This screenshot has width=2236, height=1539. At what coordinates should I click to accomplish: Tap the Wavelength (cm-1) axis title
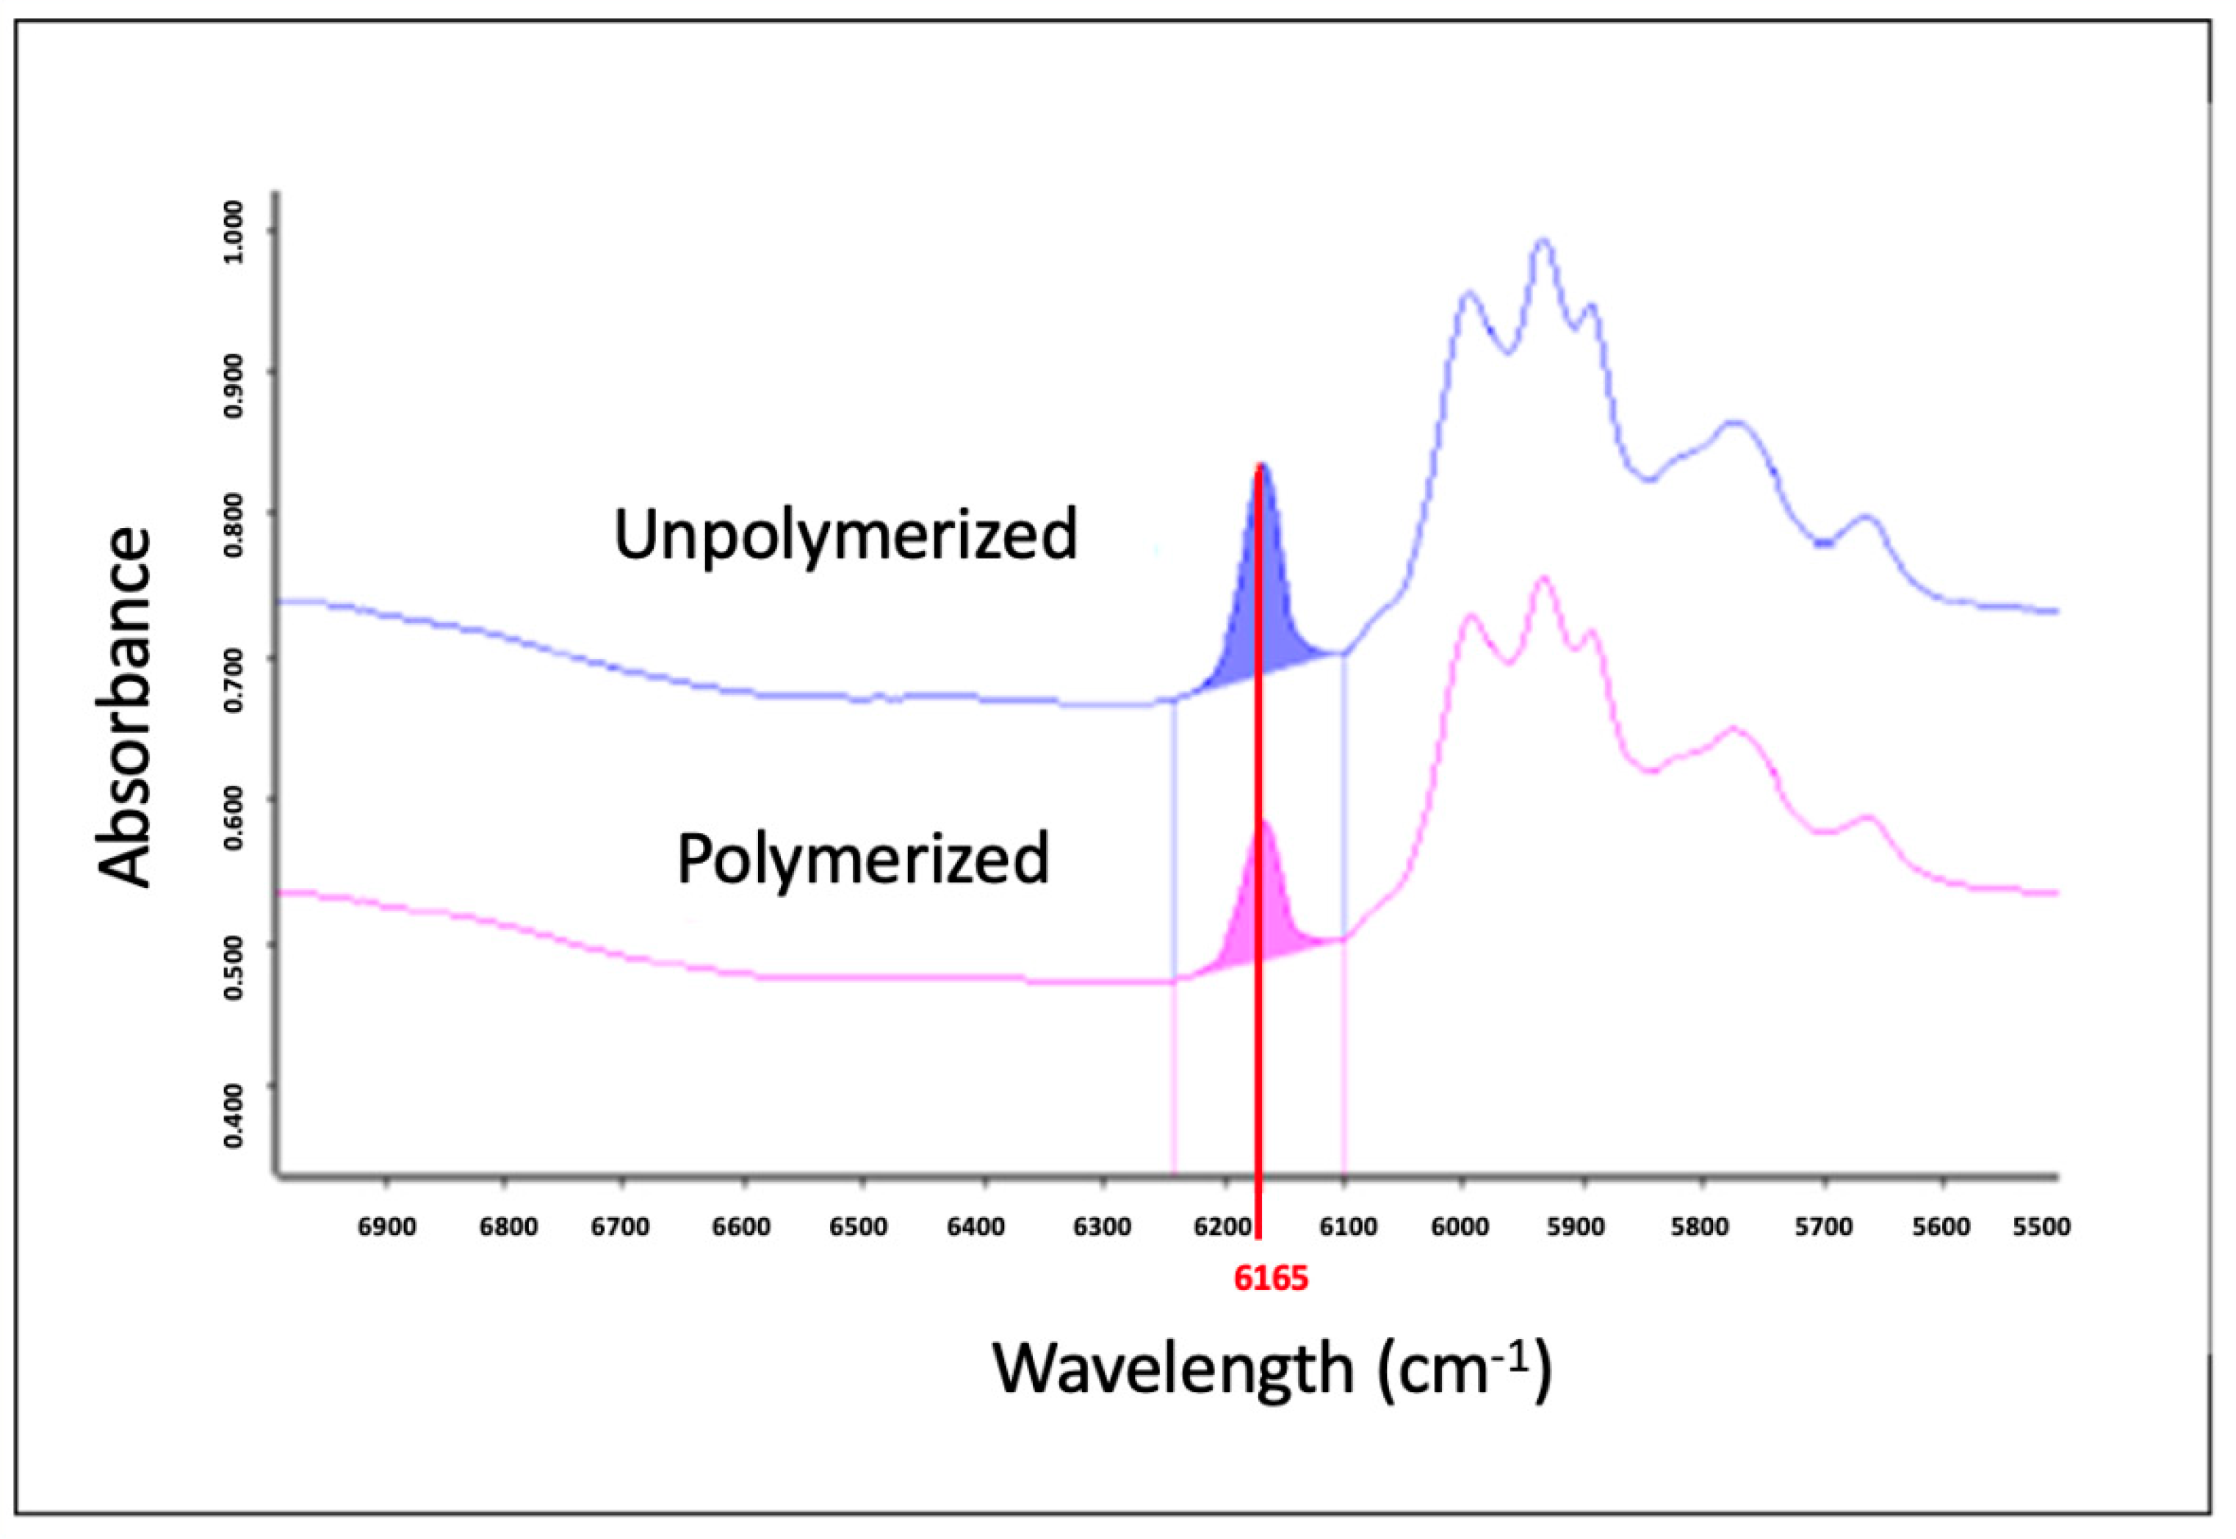(x=1271, y=1367)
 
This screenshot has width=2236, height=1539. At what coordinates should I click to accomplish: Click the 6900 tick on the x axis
(x=386, y=1228)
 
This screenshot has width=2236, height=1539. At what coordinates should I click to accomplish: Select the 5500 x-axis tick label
(x=2041, y=1228)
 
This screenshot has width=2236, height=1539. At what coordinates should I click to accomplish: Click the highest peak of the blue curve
(x=1542, y=241)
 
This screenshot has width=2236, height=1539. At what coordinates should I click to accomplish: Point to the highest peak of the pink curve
(x=1542, y=579)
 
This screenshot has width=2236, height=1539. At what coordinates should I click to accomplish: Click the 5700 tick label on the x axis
(x=1822, y=1228)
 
